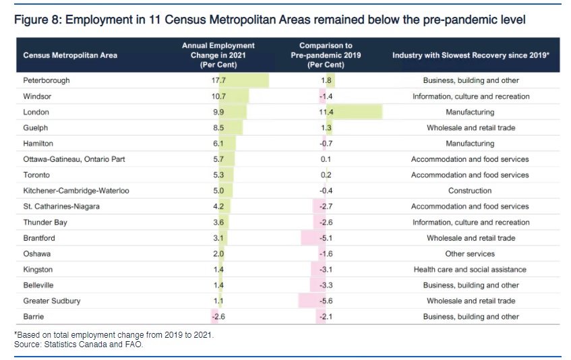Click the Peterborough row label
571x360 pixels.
tap(47, 81)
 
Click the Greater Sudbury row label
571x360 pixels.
tap(51, 301)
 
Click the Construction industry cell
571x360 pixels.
tap(471, 191)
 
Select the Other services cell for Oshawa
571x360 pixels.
tap(471, 254)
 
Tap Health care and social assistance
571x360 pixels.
tap(471, 270)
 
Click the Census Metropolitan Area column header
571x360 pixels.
tap(70, 55)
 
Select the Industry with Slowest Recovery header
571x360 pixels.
tap(471, 55)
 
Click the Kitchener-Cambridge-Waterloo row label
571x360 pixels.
tap(76, 191)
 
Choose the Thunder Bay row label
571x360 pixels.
tap(45, 222)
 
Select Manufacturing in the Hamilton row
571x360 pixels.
tap(471, 144)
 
